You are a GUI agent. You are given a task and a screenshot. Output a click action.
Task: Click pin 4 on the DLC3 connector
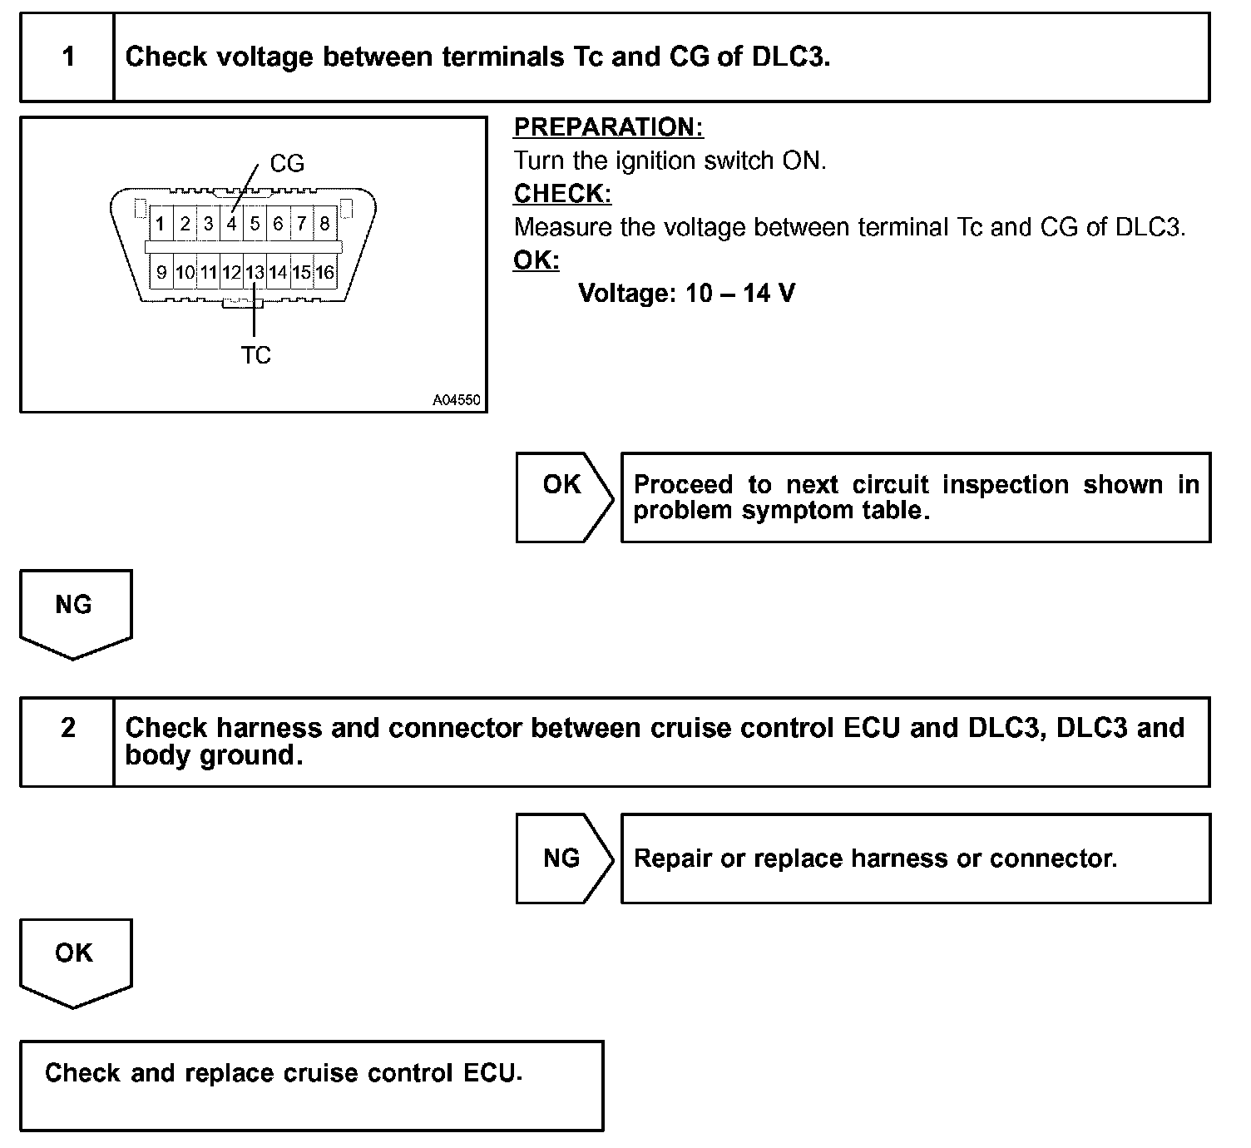pyautogui.click(x=232, y=224)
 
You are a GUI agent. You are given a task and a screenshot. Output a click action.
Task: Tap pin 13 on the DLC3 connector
pyautogui.click(x=255, y=272)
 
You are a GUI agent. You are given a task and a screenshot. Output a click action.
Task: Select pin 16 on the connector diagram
pyautogui.click(x=324, y=272)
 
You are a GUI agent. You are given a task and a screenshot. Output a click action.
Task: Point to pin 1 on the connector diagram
pyautogui.click(x=161, y=224)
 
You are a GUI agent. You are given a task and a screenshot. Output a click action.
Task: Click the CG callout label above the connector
pyautogui.click(x=287, y=164)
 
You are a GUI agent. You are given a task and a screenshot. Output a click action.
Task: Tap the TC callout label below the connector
pyautogui.click(x=255, y=355)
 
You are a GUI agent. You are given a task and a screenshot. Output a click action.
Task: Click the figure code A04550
pyautogui.click(x=456, y=400)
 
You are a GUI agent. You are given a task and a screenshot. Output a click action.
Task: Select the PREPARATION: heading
pyautogui.click(x=608, y=127)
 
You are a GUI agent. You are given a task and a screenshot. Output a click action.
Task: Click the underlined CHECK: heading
pyautogui.click(x=562, y=194)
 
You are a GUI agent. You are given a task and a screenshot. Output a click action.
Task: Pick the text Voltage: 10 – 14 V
pyautogui.click(x=686, y=293)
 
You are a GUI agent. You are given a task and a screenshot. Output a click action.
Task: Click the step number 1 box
pyautogui.click(x=67, y=57)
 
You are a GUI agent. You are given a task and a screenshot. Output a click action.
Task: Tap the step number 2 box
pyautogui.click(x=67, y=729)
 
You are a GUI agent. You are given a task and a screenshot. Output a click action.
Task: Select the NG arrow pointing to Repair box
pyautogui.click(x=563, y=859)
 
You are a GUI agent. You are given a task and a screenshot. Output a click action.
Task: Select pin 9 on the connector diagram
pyautogui.click(x=161, y=272)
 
